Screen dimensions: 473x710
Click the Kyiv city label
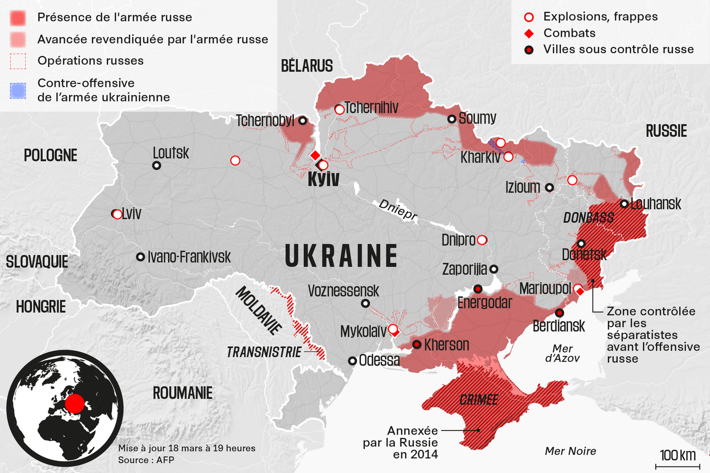pyautogui.click(x=323, y=179)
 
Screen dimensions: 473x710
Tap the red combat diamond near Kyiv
pyautogui.click(x=315, y=156)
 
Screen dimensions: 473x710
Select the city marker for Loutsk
pyautogui.click(x=157, y=166)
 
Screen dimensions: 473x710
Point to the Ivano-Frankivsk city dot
pyautogui.click(x=141, y=257)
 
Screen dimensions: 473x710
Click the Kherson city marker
pyautogui.click(x=417, y=344)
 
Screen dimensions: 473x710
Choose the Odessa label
pyautogui.click(x=379, y=360)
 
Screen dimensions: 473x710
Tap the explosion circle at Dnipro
pyautogui.click(x=482, y=240)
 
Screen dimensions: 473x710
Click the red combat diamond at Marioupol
pyautogui.click(x=580, y=292)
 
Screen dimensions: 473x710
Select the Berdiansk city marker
pyautogui.click(x=560, y=312)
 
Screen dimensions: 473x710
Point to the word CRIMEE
pyautogui.click(x=479, y=400)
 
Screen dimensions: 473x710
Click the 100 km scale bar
pyautogui.click(x=677, y=466)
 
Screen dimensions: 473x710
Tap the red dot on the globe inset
pyautogui.click(x=75, y=404)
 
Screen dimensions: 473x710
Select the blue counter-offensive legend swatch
pyautogui.click(x=18, y=91)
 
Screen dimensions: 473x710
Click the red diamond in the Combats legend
pyautogui.click(x=529, y=34)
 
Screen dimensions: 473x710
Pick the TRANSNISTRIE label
pyautogui.click(x=264, y=352)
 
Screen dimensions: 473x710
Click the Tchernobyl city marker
pyautogui.click(x=303, y=121)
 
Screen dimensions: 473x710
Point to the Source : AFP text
pyautogui.click(x=146, y=460)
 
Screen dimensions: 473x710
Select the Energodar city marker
pyautogui.click(x=477, y=289)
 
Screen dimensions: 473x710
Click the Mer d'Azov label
pyautogui.click(x=562, y=353)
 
